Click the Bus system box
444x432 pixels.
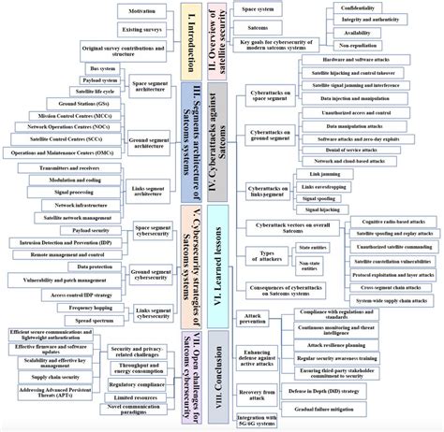coord(94,68)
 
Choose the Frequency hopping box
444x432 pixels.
coord(97,307)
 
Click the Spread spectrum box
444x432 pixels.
coord(97,320)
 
